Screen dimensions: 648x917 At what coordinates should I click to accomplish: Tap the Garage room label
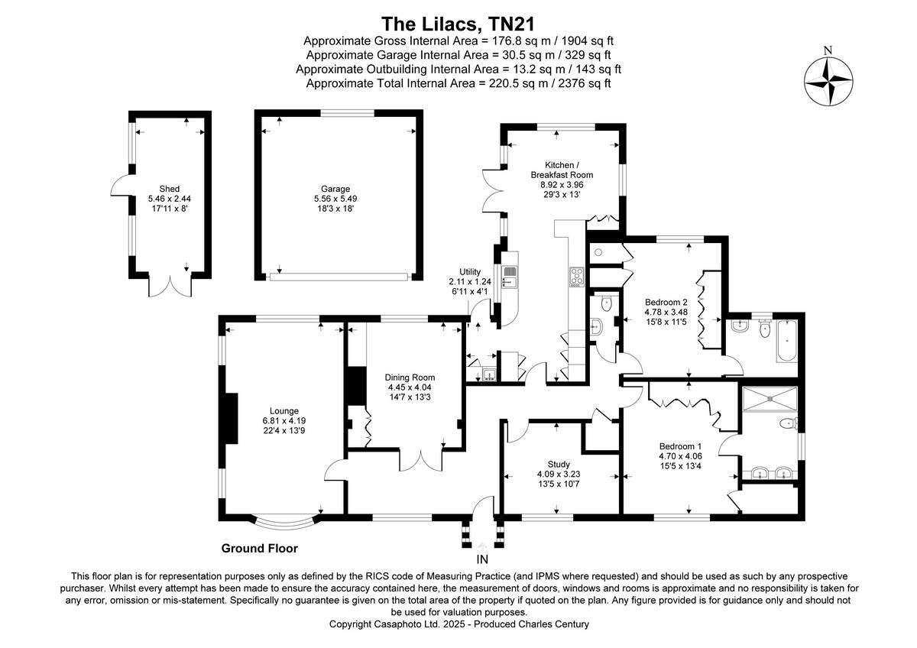coord(335,189)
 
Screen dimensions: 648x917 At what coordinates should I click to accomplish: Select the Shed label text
coord(169,189)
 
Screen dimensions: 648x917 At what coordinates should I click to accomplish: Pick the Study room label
coord(559,464)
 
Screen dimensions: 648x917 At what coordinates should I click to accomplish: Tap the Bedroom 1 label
coord(680,446)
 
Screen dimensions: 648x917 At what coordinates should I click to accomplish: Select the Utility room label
coord(469,272)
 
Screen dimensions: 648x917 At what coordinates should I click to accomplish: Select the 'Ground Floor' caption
coord(259,548)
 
